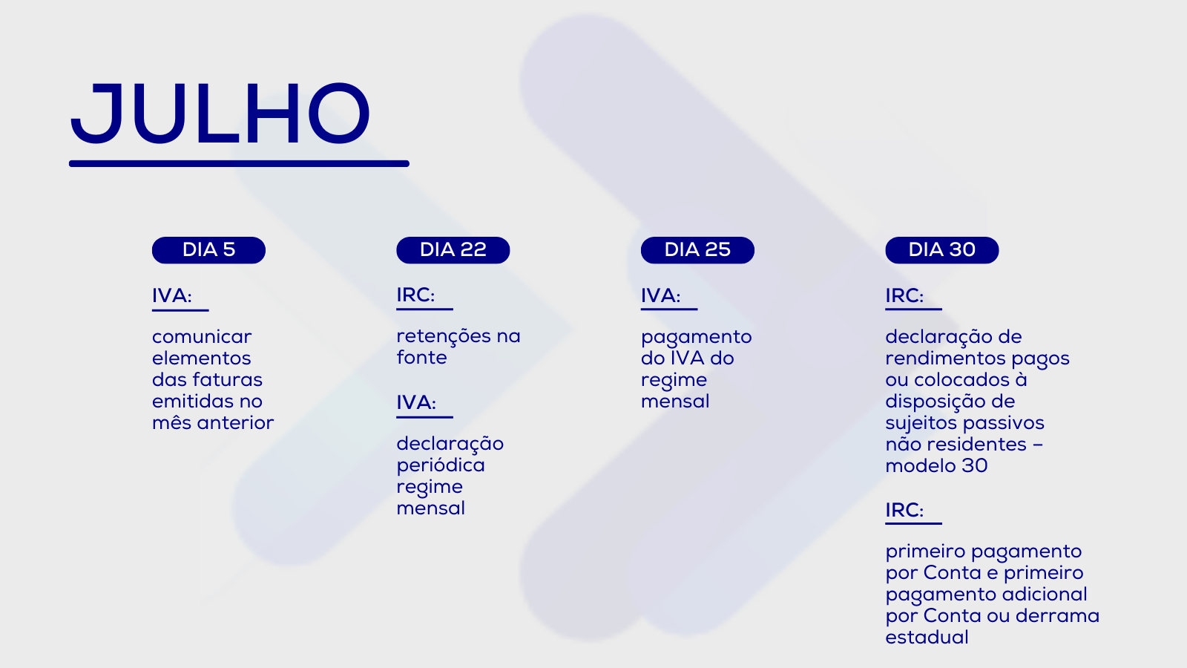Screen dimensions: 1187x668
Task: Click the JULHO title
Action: pos(220,114)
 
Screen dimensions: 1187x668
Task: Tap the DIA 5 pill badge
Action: pos(208,249)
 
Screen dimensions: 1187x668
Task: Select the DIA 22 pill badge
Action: pos(453,249)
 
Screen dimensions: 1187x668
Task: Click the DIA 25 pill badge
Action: pos(697,249)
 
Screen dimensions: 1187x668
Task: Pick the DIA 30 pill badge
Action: pos(942,249)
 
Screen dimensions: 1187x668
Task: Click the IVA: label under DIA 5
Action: pos(171,296)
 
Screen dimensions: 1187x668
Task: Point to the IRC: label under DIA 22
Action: pos(415,295)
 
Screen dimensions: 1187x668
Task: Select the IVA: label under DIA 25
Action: pos(660,296)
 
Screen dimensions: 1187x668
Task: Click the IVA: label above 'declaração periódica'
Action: pos(416,402)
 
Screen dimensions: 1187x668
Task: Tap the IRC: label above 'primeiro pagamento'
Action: pos(904,510)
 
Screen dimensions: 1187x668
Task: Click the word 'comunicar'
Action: pos(202,337)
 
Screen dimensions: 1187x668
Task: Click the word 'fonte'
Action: pos(422,358)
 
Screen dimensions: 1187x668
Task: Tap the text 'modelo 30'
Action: pos(936,466)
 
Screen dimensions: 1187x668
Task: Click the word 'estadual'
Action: pos(927,638)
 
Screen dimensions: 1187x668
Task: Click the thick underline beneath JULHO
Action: pos(239,164)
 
